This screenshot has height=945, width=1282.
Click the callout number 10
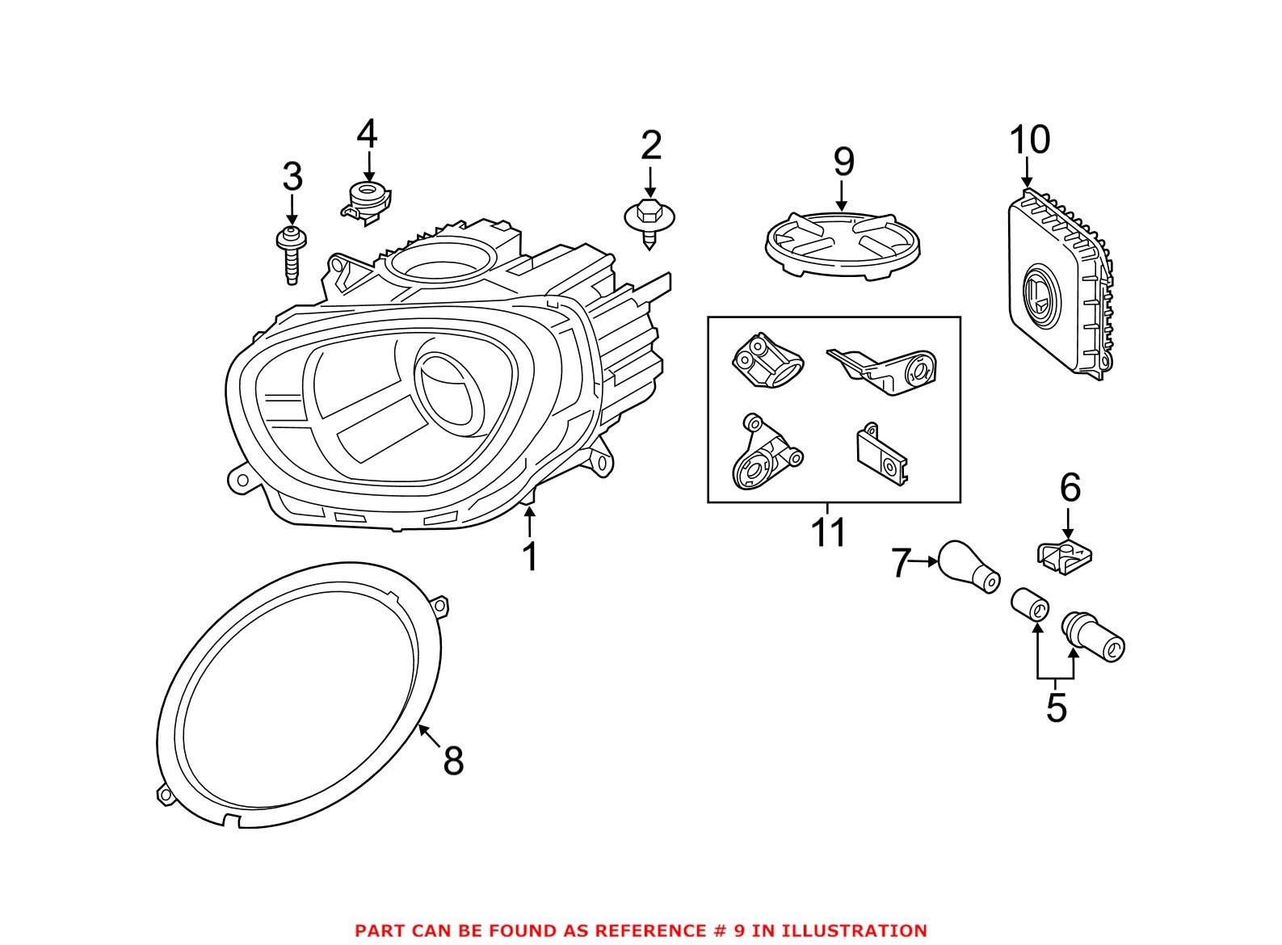[1029, 140]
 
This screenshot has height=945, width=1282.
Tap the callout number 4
[368, 133]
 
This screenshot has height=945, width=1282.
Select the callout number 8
[453, 760]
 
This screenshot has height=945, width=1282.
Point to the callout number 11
[828, 532]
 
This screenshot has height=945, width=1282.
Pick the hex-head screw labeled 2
[649, 221]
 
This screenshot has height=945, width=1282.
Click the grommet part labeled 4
[367, 200]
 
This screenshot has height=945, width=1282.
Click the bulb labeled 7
[968, 565]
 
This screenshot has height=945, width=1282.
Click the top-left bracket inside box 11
[766, 362]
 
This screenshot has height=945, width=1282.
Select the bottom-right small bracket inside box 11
[881, 458]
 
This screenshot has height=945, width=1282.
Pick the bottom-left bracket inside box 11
[763, 456]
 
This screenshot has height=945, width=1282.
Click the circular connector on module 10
[1039, 296]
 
